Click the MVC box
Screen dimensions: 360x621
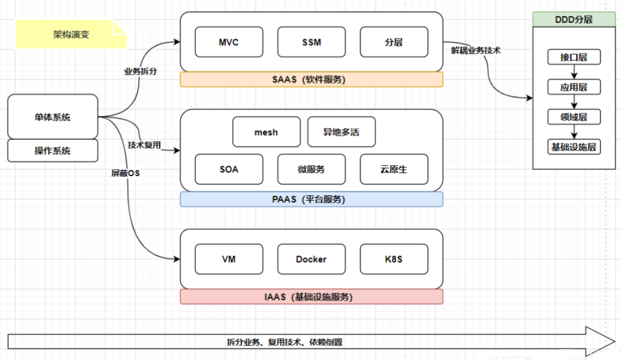(229, 43)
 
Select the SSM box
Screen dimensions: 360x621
(311, 43)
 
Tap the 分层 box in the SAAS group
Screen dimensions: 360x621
(393, 43)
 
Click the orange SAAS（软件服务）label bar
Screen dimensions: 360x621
(311, 80)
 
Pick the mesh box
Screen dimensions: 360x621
(266, 132)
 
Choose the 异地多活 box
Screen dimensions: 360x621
(341, 132)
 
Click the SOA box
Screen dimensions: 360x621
(229, 169)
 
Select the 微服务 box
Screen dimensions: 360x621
(311, 169)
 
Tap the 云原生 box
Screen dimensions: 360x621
(393, 169)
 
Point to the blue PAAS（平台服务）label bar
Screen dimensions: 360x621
(311, 200)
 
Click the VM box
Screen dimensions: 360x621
(229, 259)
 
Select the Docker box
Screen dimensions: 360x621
(311, 259)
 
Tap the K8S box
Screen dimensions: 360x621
(393, 259)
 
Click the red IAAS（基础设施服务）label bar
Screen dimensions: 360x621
(311, 297)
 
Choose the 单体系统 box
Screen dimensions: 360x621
(53, 117)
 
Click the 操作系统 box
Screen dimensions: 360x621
(53, 150)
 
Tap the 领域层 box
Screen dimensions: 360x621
(573, 117)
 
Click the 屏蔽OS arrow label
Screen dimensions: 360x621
(125, 173)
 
